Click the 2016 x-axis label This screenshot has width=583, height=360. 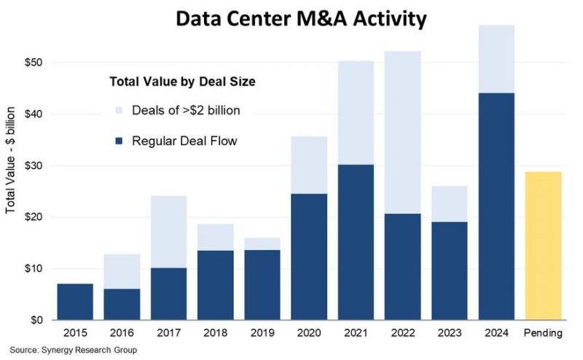[121, 333]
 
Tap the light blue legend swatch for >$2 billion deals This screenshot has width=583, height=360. [120, 111]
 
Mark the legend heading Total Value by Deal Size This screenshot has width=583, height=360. [181, 82]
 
